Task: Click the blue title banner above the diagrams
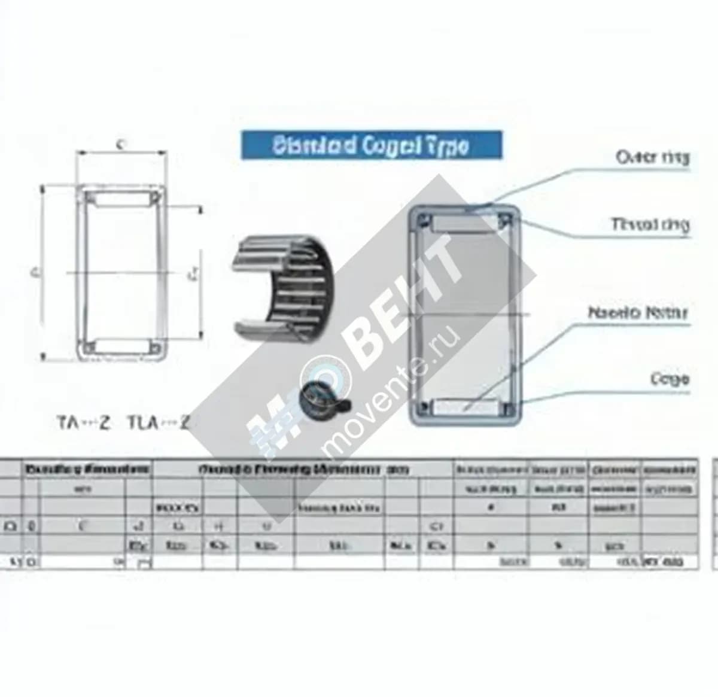tap(371, 145)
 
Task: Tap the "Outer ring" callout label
tap(652, 157)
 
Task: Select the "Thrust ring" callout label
tap(650, 224)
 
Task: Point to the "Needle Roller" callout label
tap(638, 312)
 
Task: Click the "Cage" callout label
tap(670, 379)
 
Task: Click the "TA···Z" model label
tap(84, 423)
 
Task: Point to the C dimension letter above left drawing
tap(121, 144)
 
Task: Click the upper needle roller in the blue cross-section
tap(464, 224)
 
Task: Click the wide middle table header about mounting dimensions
tap(303, 470)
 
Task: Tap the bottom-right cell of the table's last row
tap(670, 562)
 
